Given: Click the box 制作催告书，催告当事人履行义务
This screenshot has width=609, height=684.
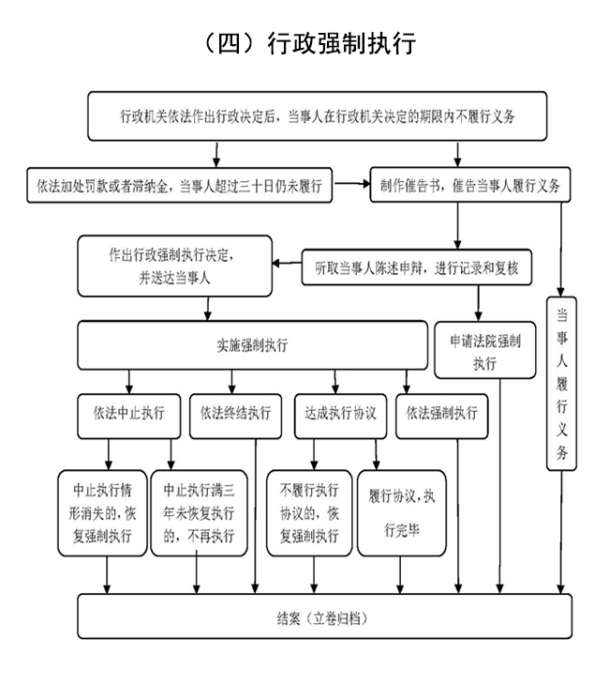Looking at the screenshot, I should (x=469, y=185).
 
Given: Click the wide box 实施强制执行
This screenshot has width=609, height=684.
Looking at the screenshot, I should (x=252, y=345).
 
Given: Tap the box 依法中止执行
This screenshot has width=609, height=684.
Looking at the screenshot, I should (x=128, y=412).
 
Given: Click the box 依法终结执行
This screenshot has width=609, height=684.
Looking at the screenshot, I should (x=235, y=412).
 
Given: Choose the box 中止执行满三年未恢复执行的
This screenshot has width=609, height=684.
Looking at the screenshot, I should (x=199, y=512).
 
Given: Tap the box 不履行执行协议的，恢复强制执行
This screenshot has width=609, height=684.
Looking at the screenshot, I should (x=308, y=512).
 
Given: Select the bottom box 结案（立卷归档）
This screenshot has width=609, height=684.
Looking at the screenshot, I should (x=323, y=620).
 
